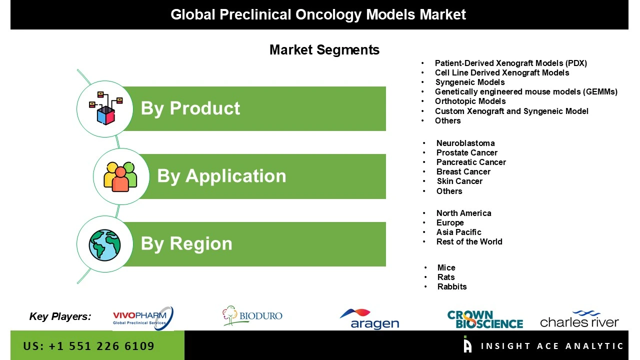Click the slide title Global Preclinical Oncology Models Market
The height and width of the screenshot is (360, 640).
pos(318,14)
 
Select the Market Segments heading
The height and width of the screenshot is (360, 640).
pos(324,50)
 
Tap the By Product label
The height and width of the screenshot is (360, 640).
pos(190,108)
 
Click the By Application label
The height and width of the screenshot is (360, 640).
pos(221,176)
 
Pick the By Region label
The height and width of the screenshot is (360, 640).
pos(186,243)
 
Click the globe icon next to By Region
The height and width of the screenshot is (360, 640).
pos(105,244)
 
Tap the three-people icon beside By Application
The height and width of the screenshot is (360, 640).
pos(120,176)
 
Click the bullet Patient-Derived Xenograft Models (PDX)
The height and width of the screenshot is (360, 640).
pos(510,63)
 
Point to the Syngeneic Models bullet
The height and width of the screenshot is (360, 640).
pos(469,82)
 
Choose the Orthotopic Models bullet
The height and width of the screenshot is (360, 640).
pos(470,101)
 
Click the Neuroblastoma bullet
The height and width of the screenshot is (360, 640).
pos(465,143)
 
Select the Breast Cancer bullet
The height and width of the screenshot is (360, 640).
pos(463,171)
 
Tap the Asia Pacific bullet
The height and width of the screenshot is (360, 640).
pos(458,232)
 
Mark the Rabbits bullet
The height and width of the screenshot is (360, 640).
pos(451,286)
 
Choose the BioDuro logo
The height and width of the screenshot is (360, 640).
pos(252,316)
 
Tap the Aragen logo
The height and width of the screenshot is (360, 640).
pos(370,319)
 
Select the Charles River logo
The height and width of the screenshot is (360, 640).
pos(579,319)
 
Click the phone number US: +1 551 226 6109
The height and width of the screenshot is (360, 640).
pos(88,346)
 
